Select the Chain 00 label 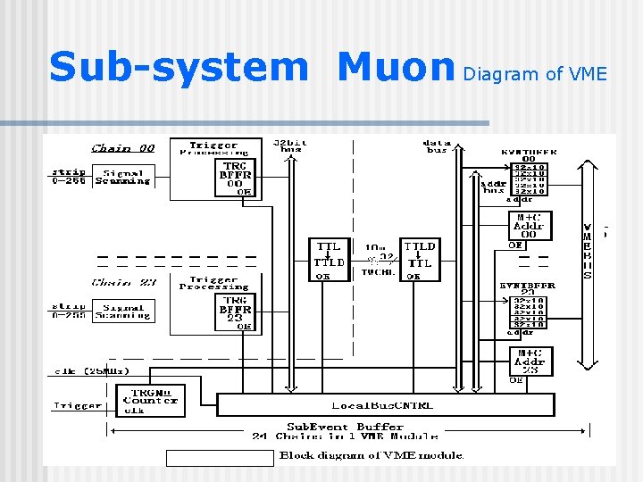(123, 148)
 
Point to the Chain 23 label (123, 282)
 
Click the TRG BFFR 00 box (236, 177)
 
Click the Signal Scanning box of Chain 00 (122, 177)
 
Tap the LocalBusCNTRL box (384, 405)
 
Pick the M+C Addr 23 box (530, 361)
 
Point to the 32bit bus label (289, 145)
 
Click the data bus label (437, 145)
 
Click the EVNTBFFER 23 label (527, 287)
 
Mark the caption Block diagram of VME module (372, 455)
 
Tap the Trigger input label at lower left (78, 405)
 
